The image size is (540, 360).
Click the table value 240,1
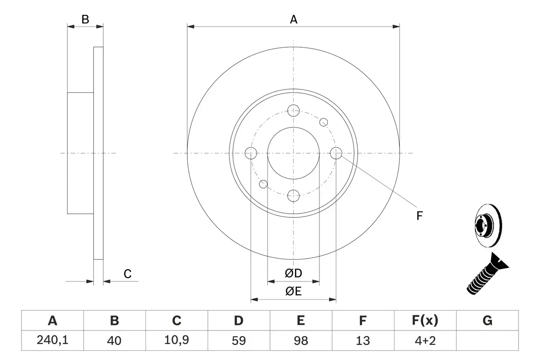click(x=52, y=341)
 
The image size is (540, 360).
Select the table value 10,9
click(x=176, y=341)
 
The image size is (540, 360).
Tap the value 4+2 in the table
click(x=425, y=341)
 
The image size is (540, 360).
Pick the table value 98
click(x=300, y=341)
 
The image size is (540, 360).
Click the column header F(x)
click(x=425, y=321)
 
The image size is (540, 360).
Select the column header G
click(x=487, y=321)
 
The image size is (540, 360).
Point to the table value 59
click(x=238, y=341)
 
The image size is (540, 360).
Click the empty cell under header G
click(x=487, y=341)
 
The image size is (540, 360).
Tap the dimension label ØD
click(x=294, y=273)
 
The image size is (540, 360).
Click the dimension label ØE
click(x=294, y=292)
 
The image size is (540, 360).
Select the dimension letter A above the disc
click(x=294, y=19)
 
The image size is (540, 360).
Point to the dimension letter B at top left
click(x=85, y=19)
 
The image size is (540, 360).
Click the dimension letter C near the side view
click(x=127, y=274)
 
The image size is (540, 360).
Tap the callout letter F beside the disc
click(x=419, y=216)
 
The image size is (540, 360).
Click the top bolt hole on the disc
click(x=293, y=111)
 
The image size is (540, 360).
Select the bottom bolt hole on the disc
click(x=293, y=195)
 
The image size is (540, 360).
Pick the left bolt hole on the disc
click(x=251, y=153)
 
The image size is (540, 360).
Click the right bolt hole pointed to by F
click(x=336, y=153)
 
